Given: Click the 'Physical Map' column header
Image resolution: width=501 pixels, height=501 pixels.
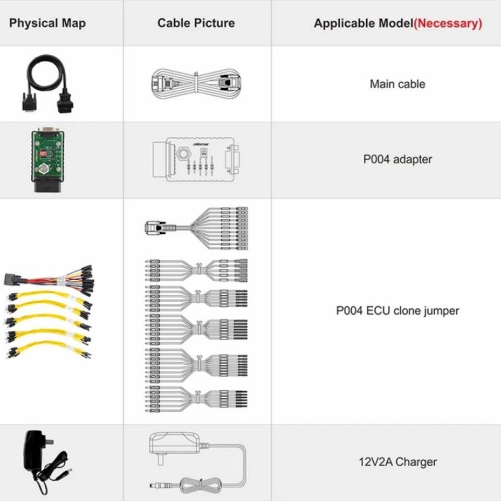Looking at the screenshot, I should pos(47,23).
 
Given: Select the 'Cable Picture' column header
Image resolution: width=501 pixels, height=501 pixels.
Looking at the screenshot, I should pos(196,23).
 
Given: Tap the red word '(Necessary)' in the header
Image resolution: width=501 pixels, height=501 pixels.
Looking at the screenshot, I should pos(448,23).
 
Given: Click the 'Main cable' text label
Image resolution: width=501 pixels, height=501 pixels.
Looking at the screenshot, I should pos(397,84).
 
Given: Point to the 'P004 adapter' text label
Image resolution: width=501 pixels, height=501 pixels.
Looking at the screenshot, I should pos(397,159).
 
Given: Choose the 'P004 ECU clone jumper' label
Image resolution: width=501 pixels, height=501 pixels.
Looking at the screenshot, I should pos(397,311).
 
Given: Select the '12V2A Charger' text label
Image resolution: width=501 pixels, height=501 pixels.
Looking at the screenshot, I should pos(397,462).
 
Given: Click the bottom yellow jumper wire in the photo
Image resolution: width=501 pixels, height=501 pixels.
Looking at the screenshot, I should pos(50,349).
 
